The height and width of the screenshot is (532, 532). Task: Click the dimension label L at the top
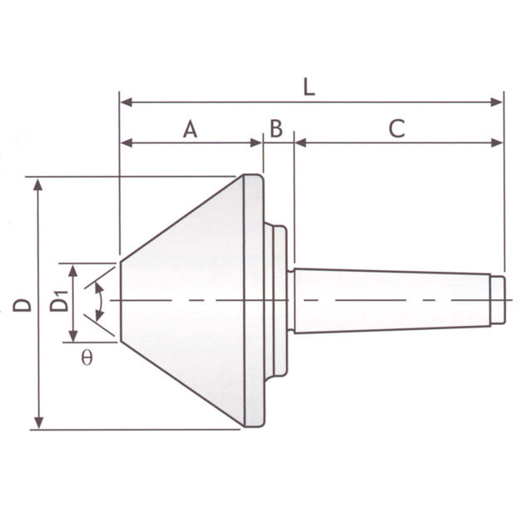[308, 87]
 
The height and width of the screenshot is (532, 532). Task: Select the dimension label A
[190, 129]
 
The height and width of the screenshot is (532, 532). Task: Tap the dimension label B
[276, 129]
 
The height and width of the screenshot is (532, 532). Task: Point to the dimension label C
[397, 129]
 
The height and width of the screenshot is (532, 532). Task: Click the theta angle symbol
[87, 360]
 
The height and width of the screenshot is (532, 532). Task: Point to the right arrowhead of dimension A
[257, 143]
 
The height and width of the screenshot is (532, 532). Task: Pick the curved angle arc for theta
[100, 301]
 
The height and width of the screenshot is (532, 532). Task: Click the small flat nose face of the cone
[122, 301]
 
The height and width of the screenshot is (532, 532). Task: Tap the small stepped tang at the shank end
[496, 299]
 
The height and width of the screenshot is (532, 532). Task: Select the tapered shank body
[391, 300]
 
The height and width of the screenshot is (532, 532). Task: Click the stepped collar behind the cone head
[279, 300]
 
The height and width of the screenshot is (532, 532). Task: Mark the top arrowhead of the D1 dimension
[73, 269]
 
